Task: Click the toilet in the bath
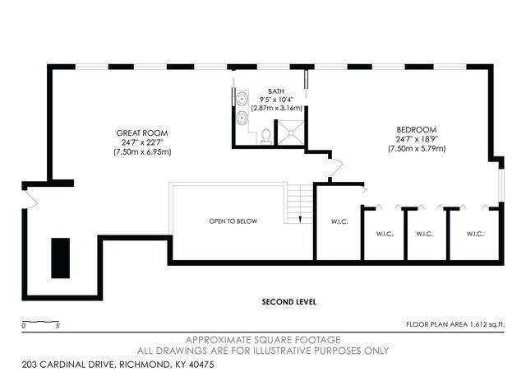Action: point(267,136)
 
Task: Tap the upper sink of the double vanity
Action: point(242,100)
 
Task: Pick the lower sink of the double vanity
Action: point(242,119)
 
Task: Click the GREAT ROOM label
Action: point(142,133)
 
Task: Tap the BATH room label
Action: point(276,91)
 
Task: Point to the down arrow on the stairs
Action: point(301,218)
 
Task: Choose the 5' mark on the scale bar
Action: point(58,327)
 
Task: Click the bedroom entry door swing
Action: point(330,169)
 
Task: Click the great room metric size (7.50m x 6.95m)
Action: point(142,151)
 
